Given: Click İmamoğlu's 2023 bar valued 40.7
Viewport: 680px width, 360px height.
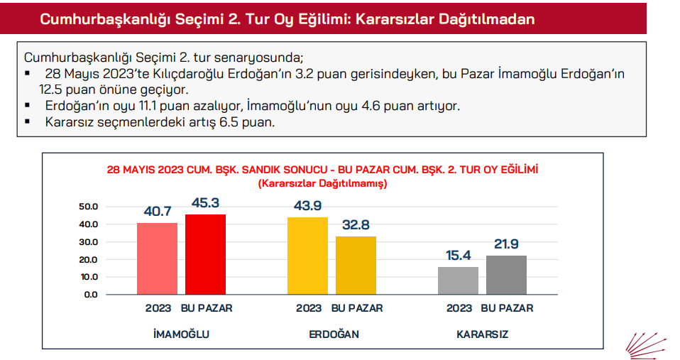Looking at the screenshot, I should (x=157, y=258).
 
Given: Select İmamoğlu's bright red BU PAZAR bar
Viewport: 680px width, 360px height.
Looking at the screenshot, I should (x=206, y=254).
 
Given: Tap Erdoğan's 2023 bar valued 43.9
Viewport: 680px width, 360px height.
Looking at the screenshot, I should (x=307, y=256).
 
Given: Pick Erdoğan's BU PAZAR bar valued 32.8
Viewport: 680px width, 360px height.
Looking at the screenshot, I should (x=356, y=266).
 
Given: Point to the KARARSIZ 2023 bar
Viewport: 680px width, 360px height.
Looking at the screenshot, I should (x=458, y=280).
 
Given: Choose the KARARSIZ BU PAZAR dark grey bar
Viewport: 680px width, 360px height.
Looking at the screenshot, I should (x=506, y=275).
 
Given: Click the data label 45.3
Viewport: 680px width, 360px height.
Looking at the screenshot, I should (x=206, y=203).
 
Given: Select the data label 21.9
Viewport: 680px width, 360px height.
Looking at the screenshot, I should (x=506, y=244).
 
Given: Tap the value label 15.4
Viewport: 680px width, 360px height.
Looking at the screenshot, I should (x=458, y=256).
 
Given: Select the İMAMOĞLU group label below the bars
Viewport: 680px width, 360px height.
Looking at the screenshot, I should (x=182, y=334).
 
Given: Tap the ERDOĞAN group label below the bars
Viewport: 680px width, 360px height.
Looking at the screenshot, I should (x=332, y=334).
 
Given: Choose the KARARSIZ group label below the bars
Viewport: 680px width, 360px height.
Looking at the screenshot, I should (x=483, y=334).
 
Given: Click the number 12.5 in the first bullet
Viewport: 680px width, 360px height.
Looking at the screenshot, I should (x=53, y=90).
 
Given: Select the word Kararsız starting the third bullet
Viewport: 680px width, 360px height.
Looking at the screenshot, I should (x=68, y=121).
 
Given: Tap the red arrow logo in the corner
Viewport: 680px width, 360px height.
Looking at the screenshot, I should (x=647, y=344).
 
